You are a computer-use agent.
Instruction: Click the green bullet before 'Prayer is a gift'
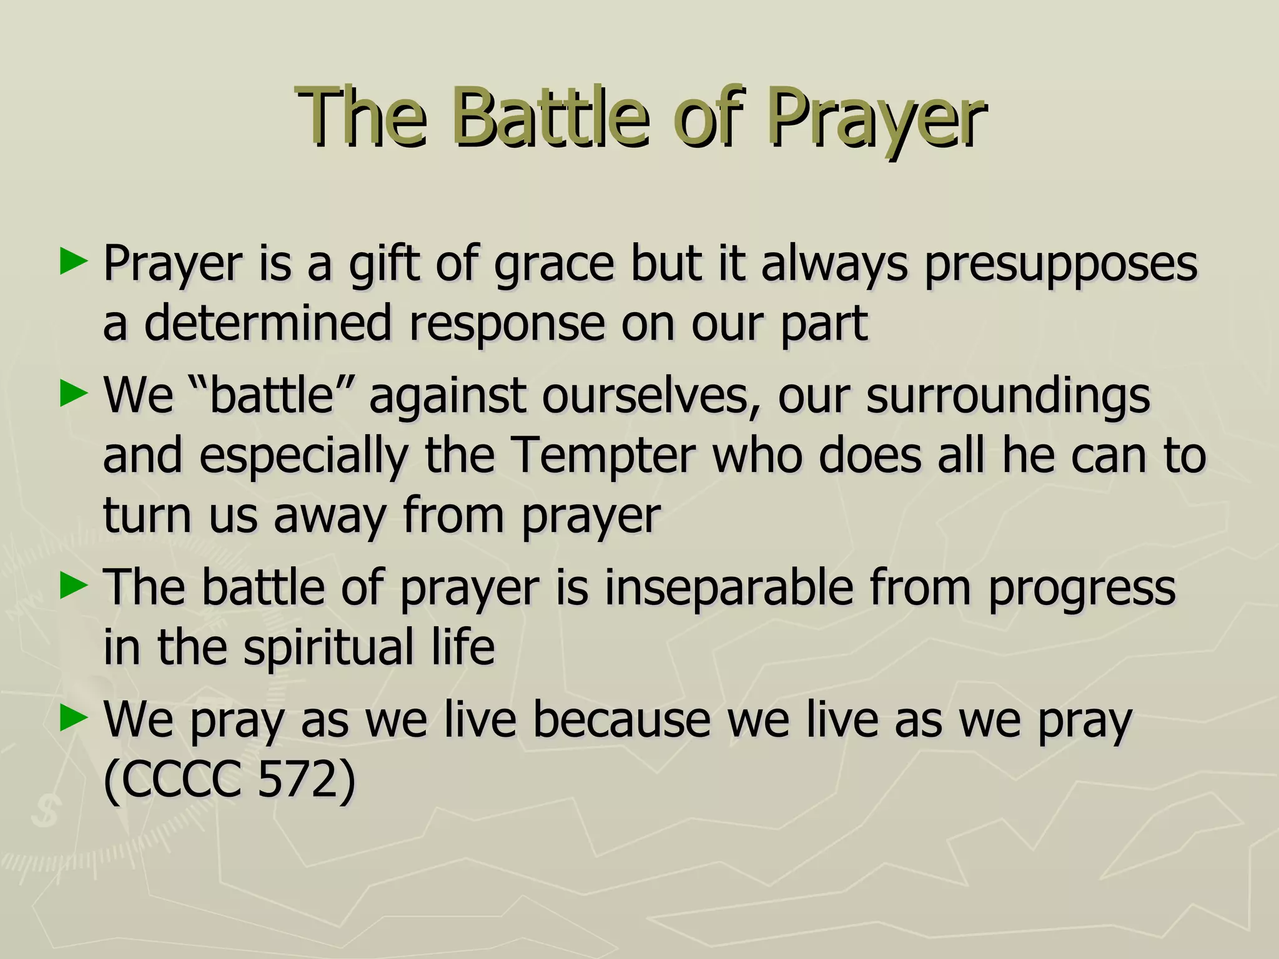(x=72, y=262)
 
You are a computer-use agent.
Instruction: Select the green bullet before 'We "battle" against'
(x=72, y=395)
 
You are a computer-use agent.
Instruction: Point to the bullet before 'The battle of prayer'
(x=72, y=587)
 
